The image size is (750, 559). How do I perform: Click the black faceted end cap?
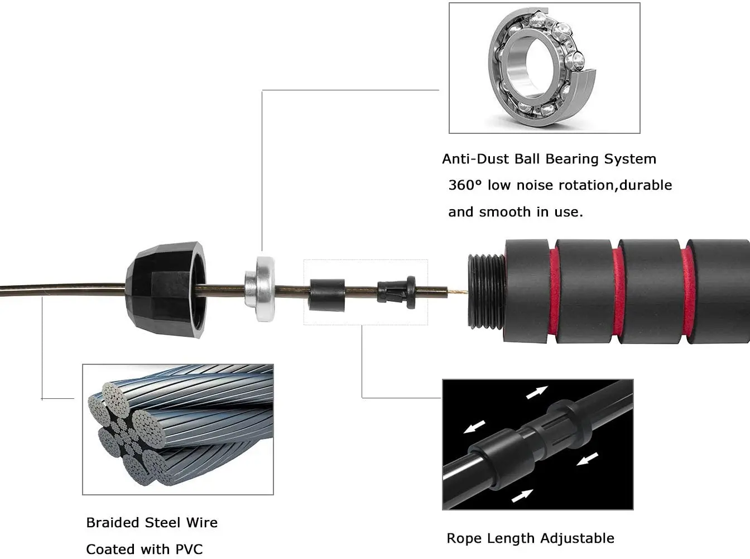167,291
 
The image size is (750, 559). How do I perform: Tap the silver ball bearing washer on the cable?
260,288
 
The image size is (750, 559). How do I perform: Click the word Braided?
113,523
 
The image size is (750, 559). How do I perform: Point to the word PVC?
189,550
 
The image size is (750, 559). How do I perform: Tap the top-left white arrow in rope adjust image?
537,392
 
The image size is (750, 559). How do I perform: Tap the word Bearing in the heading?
568,160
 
